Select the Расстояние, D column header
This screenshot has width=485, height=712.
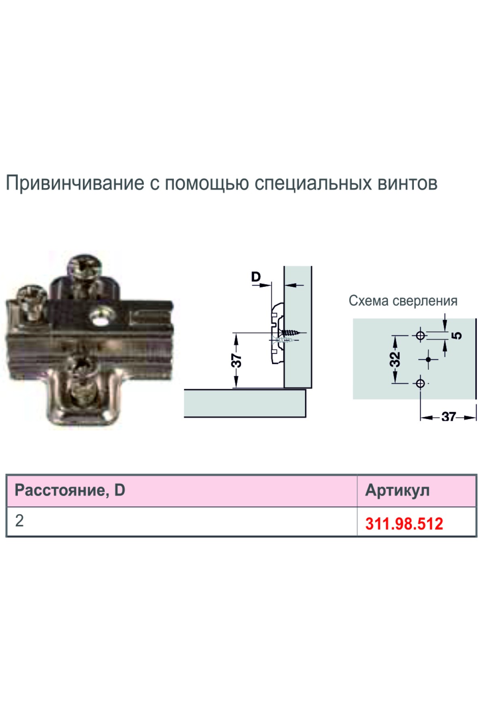[x=70, y=490]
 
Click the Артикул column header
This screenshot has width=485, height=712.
[x=397, y=490]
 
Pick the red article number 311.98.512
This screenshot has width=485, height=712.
[x=404, y=524]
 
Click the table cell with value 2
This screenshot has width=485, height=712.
[x=19, y=521]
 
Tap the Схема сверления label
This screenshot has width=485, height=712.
[x=403, y=301]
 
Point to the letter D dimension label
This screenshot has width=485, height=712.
[x=256, y=277]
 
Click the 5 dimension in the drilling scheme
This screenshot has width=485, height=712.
[x=457, y=335]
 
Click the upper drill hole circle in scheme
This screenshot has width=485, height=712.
[x=420, y=335]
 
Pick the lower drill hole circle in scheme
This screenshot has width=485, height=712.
[x=420, y=383]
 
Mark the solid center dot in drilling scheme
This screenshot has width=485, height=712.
[x=428, y=359]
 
